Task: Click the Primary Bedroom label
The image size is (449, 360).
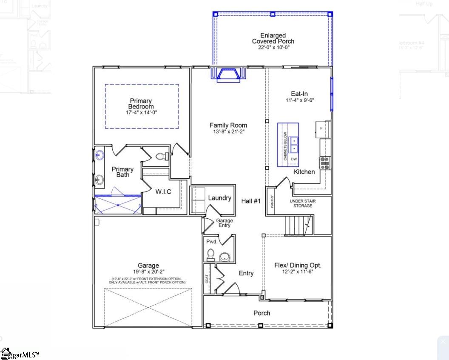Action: tap(141, 104)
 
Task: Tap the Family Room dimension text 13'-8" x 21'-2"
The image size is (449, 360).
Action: tap(228, 132)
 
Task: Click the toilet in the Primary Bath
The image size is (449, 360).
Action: tap(162, 157)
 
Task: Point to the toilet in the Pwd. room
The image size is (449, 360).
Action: tap(210, 255)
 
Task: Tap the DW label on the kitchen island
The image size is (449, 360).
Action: tap(294, 159)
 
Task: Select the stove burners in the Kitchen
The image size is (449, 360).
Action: tap(325, 163)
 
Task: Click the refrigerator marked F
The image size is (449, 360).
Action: tap(321, 128)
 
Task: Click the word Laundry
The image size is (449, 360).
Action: tap(219, 198)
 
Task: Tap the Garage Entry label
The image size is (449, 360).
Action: tap(224, 223)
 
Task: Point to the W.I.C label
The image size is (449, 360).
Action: tap(163, 192)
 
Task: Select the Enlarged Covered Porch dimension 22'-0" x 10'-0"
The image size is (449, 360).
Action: tap(273, 48)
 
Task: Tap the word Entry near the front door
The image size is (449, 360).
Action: tap(246, 273)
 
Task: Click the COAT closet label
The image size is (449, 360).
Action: tap(207, 279)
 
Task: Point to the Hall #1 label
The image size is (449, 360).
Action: tap(251, 201)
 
